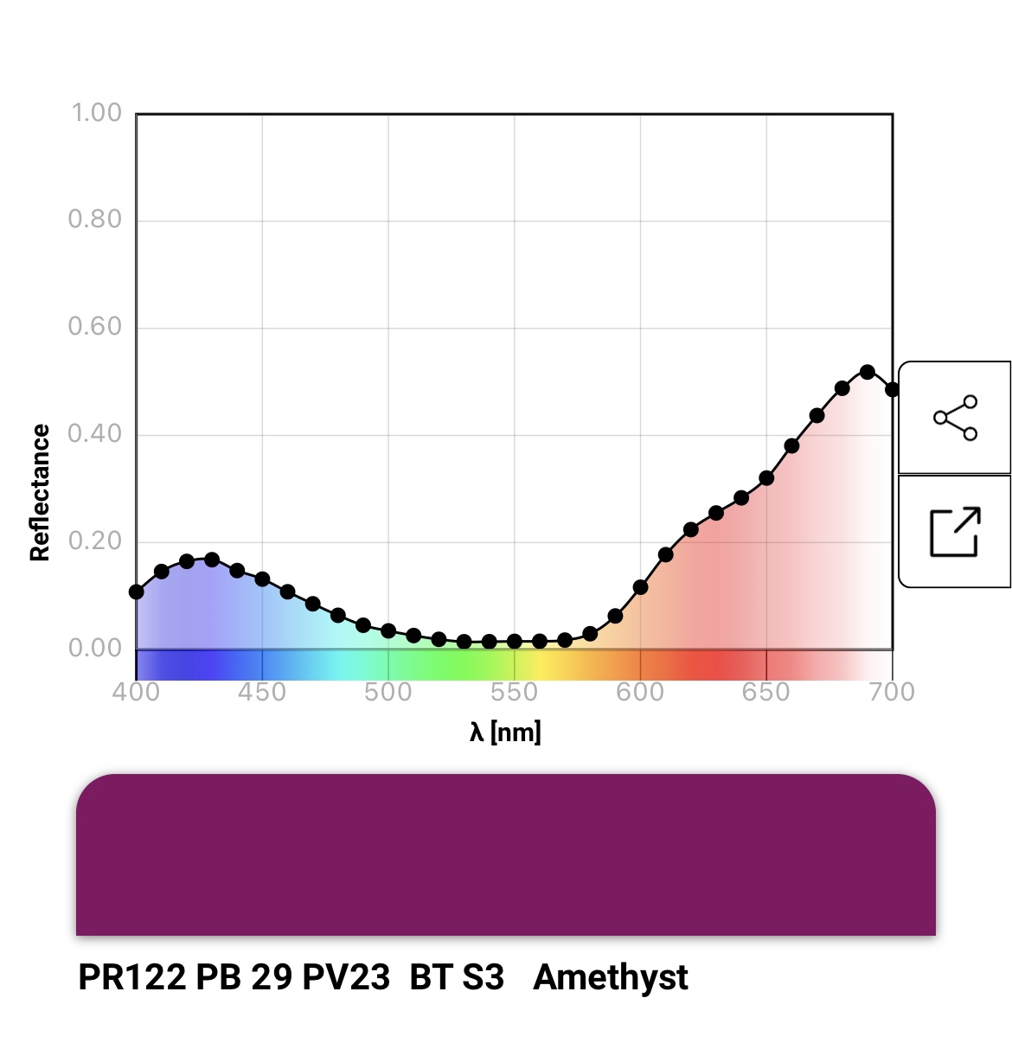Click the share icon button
tap(955, 418)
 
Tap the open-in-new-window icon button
tap(955, 532)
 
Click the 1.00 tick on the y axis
tap(95, 113)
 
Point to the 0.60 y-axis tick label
tap(95, 327)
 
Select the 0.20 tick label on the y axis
tap(95, 541)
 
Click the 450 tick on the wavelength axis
tap(262, 692)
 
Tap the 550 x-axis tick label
tap(514, 692)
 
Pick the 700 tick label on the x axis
tap(892, 692)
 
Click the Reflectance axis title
tap(40, 492)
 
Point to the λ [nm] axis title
tap(505, 733)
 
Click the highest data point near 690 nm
tap(868, 372)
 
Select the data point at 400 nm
tap(137, 592)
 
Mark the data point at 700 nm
tap(892, 389)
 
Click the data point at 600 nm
tap(640, 587)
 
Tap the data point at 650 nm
tap(766, 477)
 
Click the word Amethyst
tap(611, 977)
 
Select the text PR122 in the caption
tap(131, 977)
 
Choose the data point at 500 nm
tap(388, 630)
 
